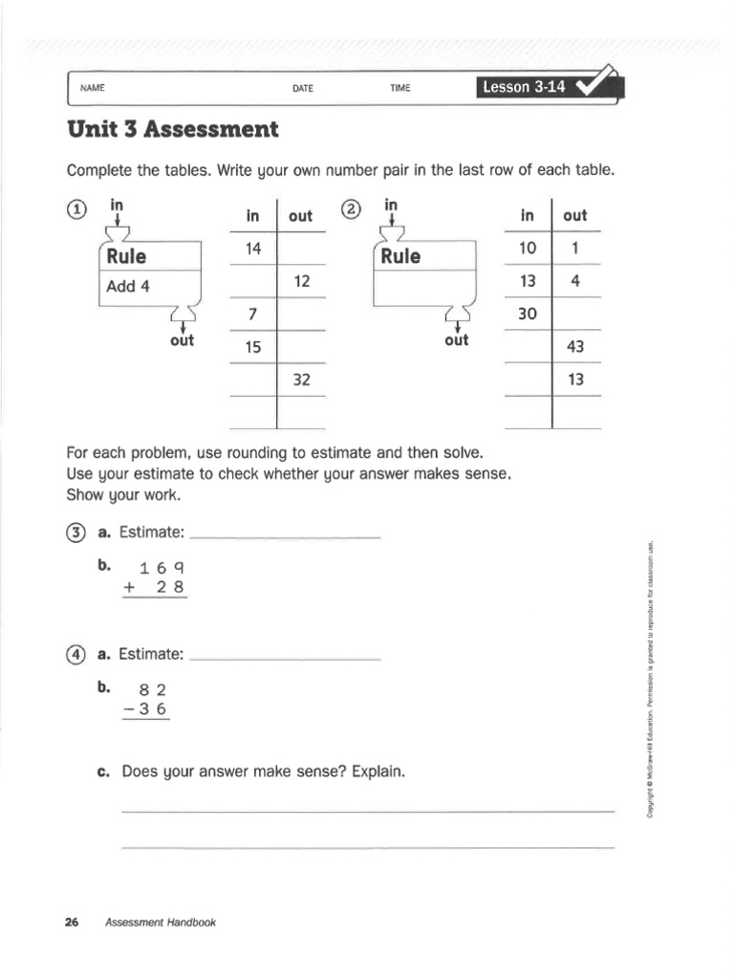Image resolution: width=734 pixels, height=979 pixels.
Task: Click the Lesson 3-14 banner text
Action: (x=524, y=87)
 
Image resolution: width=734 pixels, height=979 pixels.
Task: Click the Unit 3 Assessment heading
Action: (x=172, y=129)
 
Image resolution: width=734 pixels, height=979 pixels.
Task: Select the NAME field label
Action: (x=92, y=88)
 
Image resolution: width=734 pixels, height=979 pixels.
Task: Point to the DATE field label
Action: (x=303, y=88)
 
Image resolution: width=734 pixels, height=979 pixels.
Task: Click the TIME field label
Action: (x=399, y=88)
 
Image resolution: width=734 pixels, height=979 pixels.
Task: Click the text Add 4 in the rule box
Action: (x=128, y=285)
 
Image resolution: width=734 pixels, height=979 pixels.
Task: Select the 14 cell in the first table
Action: (x=253, y=249)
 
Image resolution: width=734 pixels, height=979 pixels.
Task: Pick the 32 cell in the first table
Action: (x=301, y=380)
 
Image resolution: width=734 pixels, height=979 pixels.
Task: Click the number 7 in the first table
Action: (x=253, y=315)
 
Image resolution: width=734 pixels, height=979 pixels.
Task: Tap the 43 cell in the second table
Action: (x=575, y=347)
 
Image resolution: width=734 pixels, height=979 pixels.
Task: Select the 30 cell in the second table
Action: (x=528, y=315)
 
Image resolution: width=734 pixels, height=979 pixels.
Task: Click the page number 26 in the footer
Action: (x=71, y=923)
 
